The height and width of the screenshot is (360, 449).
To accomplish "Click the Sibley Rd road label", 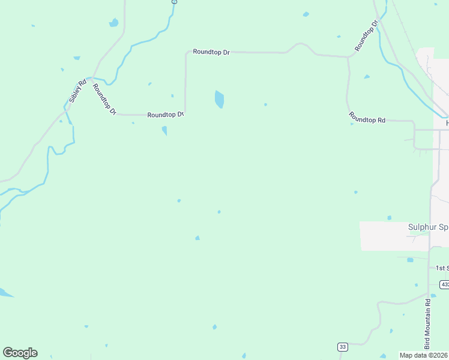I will pyautogui.click(x=78, y=91).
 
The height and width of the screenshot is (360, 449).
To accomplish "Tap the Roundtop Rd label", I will pyautogui.click(x=367, y=119).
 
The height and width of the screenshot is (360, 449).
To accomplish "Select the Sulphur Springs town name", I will pyautogui.click(x=428, y=227).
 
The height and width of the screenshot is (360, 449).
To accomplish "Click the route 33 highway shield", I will pyautogui.click(x=342, y=347).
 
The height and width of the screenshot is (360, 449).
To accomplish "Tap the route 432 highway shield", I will pyautogui.click(x=444, y=284).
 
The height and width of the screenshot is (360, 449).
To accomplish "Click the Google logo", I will pyautogui.click(x=20, y=353).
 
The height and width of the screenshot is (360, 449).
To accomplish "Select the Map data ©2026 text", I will pyautogui.click(x=424, y=355).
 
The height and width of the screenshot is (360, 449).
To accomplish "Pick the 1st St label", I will pyautogui.click(x=442, y=268).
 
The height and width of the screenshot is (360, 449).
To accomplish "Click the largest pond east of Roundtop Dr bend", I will pyautogui.click(x=219, y=99).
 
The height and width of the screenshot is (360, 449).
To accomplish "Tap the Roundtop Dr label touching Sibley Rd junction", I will pyautogui.click(x=104, y=98).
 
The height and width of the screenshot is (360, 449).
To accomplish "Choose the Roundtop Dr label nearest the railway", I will pyautogui.click(x=366, y=36).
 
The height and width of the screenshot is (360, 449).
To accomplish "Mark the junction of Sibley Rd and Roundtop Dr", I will pyautogui.click(x=90, y=78).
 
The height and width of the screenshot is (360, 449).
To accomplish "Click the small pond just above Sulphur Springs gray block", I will pyautogui.click(x=389, y=218).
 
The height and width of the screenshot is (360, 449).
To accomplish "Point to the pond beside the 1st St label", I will pyautogui.click(x=410, y=260).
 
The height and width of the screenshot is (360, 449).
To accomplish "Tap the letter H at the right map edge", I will pyautogui.click(x=447, y=124).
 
